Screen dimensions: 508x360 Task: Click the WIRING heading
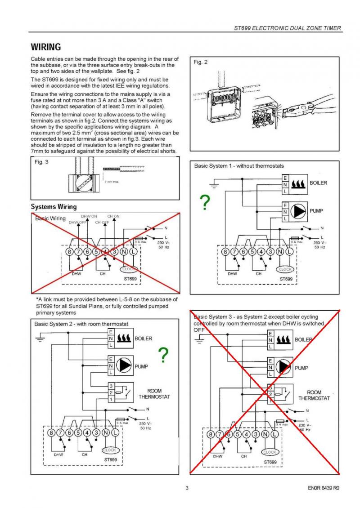(x=45, y=47)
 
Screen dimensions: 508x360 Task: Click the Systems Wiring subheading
(x=54, y=207)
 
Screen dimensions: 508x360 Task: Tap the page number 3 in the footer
(x=187, y=488)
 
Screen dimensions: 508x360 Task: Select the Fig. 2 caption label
(x=201, y=62)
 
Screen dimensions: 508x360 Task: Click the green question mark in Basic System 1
(x=205, y=203)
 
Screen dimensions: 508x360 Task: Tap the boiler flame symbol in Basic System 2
(x=123, y=338)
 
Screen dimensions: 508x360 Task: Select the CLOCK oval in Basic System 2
(x=110, y=450)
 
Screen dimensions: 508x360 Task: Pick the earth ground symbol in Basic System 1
(x=215, y=184)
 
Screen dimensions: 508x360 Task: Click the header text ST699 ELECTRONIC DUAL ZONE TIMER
(x=288, y=28)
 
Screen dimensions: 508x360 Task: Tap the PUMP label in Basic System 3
(x=301, y=368)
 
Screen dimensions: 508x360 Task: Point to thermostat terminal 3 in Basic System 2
(x=111, y=386)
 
